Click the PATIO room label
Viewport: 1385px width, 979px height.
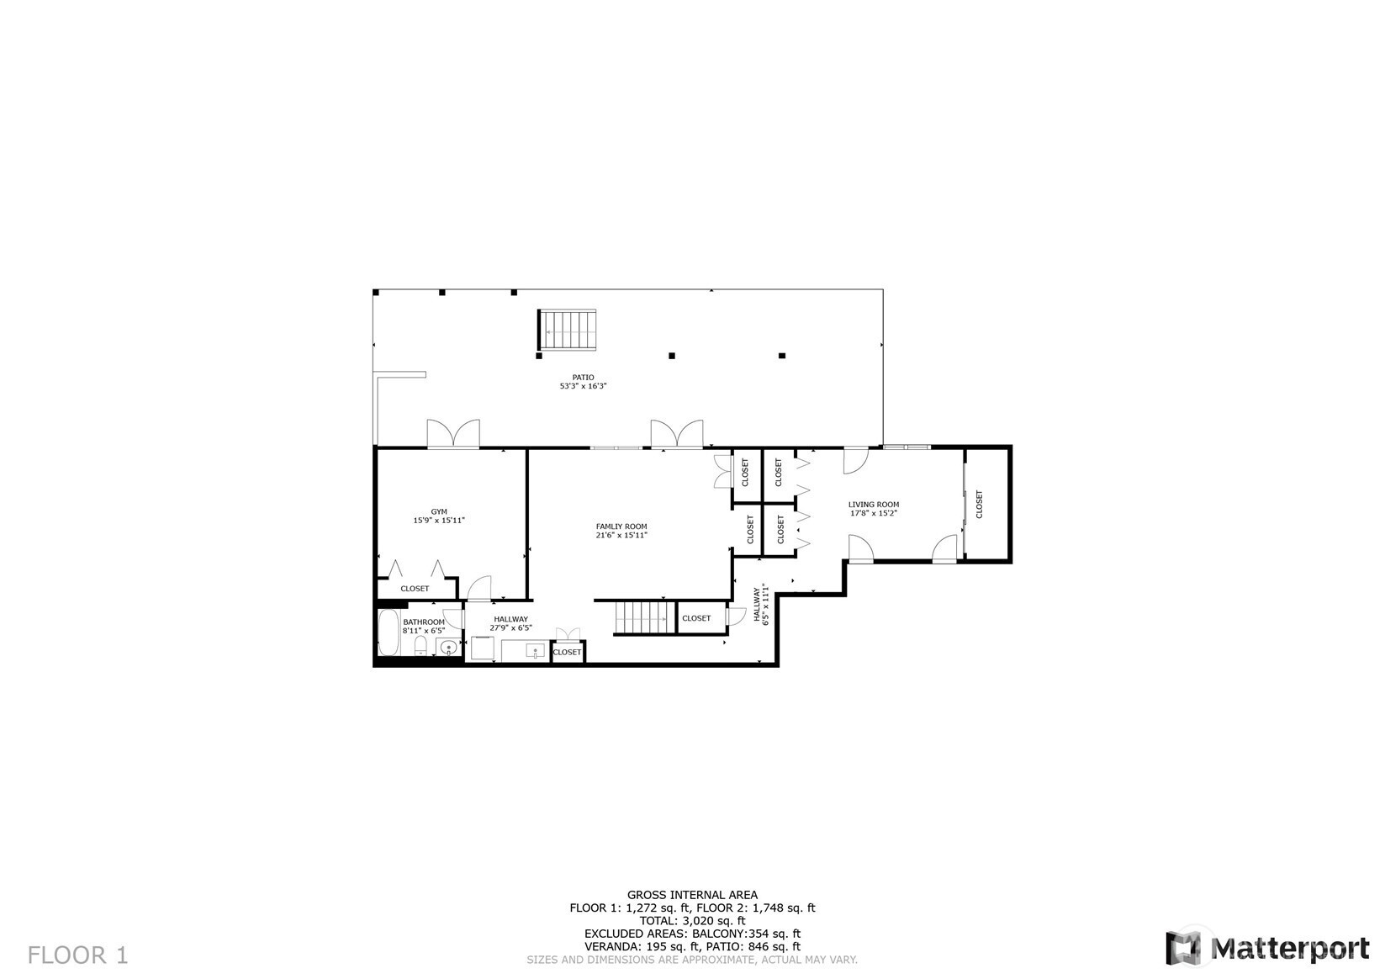[x=583, y=378]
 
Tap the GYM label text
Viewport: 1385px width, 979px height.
[x=439, y=511]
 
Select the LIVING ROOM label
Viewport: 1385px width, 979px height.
[x=874, y=505]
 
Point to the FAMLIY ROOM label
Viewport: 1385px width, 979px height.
[x=621, y=527]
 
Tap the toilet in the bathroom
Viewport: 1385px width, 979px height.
[x=420, y=646]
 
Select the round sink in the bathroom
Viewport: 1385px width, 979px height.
[x=448, y=648]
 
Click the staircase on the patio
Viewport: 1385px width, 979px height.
[x=567, y=331]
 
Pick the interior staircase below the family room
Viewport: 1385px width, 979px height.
[x=645, y=618]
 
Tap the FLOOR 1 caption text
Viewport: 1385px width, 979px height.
[x=78, y=955]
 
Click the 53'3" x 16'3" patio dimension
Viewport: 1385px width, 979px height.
[x=583, y=386]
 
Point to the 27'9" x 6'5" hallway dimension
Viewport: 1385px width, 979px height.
[x=510, y=627]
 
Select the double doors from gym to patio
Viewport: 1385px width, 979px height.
[x=453, y=433]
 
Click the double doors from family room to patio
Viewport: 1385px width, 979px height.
[x=677, y=433]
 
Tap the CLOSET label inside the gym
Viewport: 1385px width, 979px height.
[x=415, y=589]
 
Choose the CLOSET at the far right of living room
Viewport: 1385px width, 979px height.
[x=979, y=504]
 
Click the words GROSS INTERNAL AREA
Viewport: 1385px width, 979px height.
[x=692, y=895]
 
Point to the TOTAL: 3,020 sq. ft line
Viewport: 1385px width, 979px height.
[x=693, y=921]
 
